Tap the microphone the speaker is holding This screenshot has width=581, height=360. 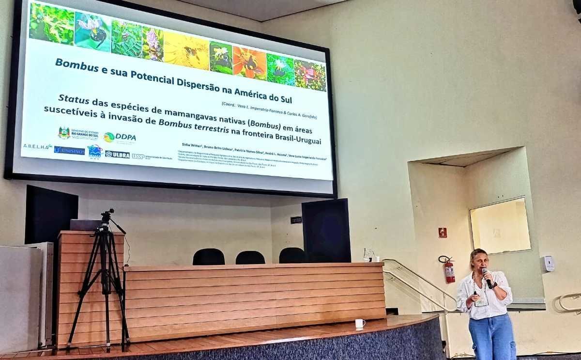click(486, 277)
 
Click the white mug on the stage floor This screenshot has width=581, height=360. click(360, 323)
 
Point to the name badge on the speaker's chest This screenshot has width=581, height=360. click(480, 299)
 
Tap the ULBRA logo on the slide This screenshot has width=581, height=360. click(118, 155)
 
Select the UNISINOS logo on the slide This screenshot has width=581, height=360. click(69, 150)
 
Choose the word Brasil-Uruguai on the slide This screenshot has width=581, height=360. click(293, 141)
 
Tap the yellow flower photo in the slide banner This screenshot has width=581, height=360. click(186, 52)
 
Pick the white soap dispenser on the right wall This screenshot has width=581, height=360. click(549, 263)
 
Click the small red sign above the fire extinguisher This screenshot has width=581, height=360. click(442, 233)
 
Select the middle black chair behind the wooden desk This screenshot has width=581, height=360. click(250, 257)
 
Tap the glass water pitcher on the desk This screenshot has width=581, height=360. click(369, 255)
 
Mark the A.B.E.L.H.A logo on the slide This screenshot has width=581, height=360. click(37, 146)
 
